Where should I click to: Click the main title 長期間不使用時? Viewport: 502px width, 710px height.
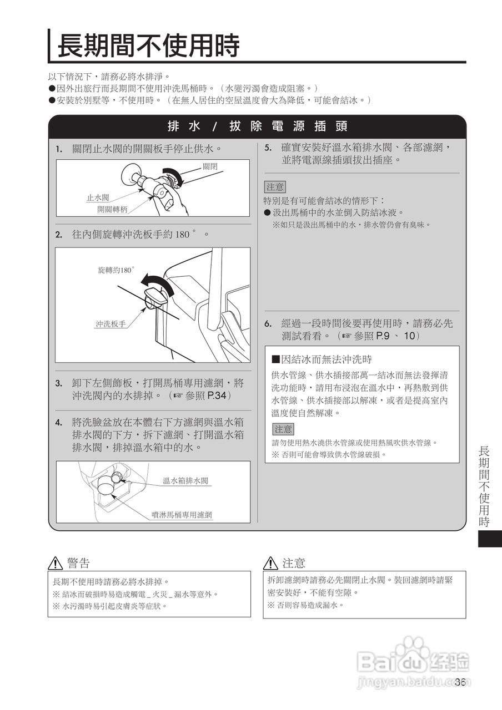click(148, 45)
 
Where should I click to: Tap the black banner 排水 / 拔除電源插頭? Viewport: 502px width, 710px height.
click(257, 126)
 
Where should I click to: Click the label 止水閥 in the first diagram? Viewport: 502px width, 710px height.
click(97, 197)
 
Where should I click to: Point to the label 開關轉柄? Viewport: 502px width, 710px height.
click(112, 209)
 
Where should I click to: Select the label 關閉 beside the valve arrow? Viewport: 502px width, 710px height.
click(210, 166)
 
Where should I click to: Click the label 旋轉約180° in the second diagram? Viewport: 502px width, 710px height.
click(116, 270)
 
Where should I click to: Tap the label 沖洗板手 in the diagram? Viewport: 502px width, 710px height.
click(111, 324)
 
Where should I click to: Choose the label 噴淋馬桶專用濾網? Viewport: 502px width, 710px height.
click(182, 515)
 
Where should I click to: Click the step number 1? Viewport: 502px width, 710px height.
click(58, 150)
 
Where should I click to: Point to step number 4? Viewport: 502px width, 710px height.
click(58, 423)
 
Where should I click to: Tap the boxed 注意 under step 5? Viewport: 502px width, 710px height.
click(275, 187)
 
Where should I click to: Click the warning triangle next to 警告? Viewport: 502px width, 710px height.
click(55, 564)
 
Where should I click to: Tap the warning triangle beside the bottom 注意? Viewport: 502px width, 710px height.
click(270, 564)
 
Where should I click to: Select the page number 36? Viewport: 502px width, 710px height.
click(459, 682)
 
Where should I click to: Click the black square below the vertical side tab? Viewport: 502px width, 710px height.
click(489, 539)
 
